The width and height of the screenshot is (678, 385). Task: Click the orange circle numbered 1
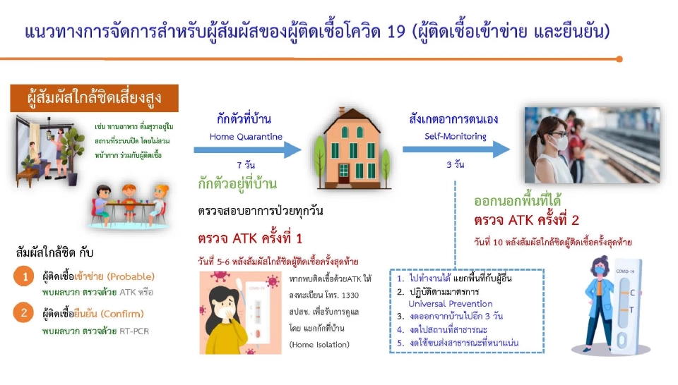24,277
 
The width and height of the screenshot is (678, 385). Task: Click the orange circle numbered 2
24,312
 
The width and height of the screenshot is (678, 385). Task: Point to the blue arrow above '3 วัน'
456,149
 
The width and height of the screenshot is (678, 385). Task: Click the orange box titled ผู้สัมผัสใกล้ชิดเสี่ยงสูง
93,97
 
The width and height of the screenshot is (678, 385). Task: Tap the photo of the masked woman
592,145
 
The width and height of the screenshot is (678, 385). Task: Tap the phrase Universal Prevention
451,304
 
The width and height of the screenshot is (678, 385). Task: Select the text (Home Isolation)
319,346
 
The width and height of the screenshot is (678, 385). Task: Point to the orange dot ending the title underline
619,59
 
